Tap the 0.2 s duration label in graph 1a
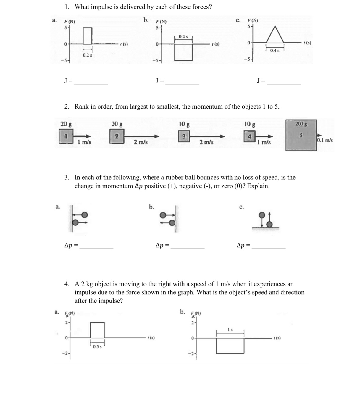87,55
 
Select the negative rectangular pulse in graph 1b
183,52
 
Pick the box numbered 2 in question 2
117,137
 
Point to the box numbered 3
184,136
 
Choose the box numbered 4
250,137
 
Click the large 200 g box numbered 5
301,135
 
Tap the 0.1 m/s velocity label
325,140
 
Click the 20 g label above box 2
117,124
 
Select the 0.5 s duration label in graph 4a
97,347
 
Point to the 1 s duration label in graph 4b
230,330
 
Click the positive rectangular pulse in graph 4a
97,330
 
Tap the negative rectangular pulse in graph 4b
230,346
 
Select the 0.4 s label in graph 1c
275,51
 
